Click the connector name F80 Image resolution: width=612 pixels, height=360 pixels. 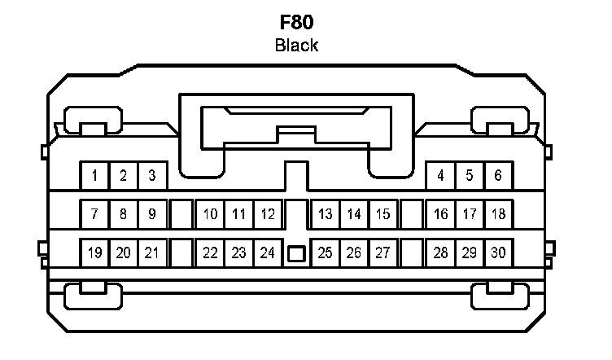click(x=296, y=21)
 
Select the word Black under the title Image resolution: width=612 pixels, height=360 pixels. click(x=296, y=46)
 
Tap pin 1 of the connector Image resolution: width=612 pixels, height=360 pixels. click(x=94, y=175)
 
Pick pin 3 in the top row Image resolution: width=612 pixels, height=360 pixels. click(x=151, y=175)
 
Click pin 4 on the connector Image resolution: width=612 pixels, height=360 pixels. click(x=440, y=175)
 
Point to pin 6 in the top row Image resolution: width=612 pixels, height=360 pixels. click(x=498, y=175)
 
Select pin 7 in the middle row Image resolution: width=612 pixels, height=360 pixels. click(x=94, y=215)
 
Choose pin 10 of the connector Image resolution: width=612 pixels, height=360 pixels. click(x=210, y=215)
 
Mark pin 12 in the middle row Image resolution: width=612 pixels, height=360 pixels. click(x=267, y=215)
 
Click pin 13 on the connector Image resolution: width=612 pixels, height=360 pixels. click(x=326, y=215)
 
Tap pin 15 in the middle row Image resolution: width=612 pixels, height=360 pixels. click(x=382, y=215)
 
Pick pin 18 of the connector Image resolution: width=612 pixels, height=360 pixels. click(x=498, y=215)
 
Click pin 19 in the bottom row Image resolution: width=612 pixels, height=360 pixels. click(x=94, y=252)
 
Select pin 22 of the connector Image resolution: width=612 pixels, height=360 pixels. click(x=210, y=252)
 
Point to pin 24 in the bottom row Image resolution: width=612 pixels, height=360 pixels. click(x=267, y=252)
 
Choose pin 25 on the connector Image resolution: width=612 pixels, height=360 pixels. click(x=326, y=252)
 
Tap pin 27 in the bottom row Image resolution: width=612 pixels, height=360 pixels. click(x=382, y=252)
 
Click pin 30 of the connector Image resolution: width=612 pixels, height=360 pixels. click(x=498, y=252)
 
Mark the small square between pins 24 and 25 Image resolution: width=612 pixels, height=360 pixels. click(x=296, y=254)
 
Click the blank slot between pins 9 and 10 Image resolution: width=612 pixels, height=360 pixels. click(x=181, y=215)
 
